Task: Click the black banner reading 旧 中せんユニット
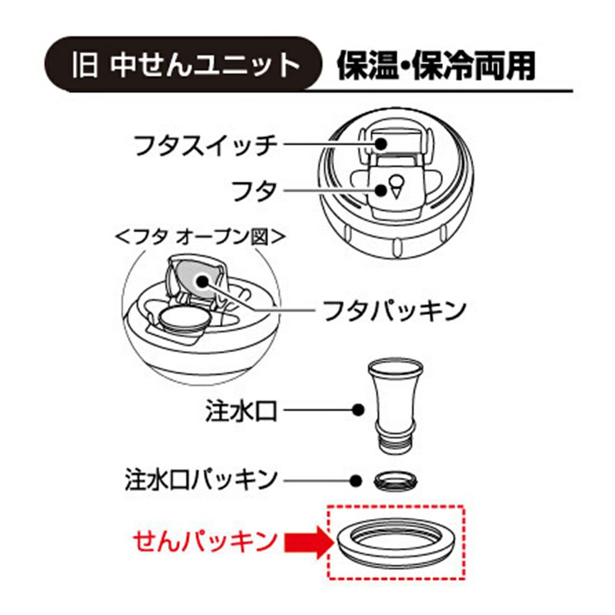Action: click(183, 65)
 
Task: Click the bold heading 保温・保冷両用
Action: click(436, 66)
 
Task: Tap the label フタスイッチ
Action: click(205, 146)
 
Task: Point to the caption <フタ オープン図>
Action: click(199, 237)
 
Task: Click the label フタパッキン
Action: click(394, 310)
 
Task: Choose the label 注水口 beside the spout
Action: click(241, 411)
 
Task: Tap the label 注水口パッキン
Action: click(201, 479)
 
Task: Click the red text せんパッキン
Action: click(205, 541)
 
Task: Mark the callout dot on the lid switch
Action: click(380, 143)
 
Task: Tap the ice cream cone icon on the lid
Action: click(396, 187)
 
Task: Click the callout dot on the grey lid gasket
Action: click(202, 281)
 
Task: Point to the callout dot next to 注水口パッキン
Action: click(355, 480)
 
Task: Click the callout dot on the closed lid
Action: click(380, 190)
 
